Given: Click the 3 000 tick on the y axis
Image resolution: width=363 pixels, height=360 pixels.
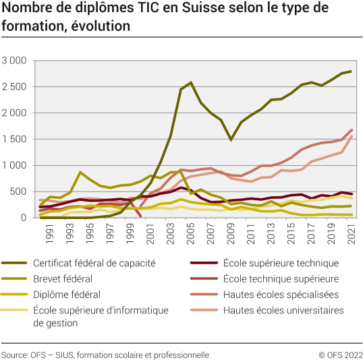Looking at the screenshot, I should click(x=14, y=61).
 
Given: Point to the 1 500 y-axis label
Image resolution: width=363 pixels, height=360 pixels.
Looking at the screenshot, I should click(x=14, y=139).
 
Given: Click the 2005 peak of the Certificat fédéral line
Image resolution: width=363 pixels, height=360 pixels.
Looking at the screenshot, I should click(x=192, y=83).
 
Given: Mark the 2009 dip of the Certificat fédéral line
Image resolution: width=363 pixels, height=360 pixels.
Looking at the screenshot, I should click(x=231, y=140).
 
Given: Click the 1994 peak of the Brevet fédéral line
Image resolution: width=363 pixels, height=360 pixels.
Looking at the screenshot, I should click(x=81, y=173).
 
